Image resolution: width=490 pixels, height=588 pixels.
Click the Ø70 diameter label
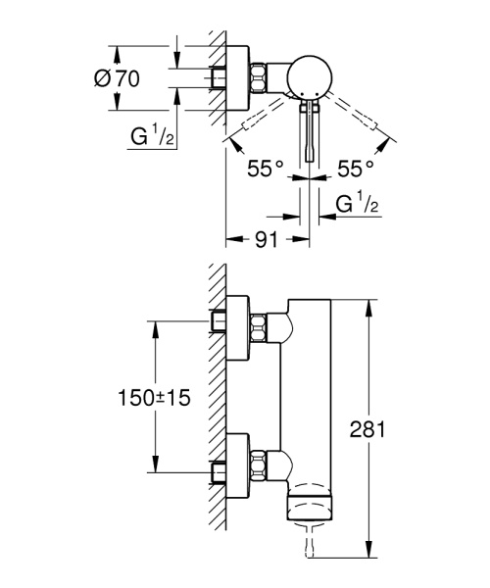tap(117, 80)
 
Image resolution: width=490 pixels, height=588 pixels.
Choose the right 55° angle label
tap(357, 170)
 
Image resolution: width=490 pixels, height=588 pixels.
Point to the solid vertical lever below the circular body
tap(312, 132)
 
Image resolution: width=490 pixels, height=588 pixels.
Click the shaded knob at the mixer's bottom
tap(313, 509)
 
